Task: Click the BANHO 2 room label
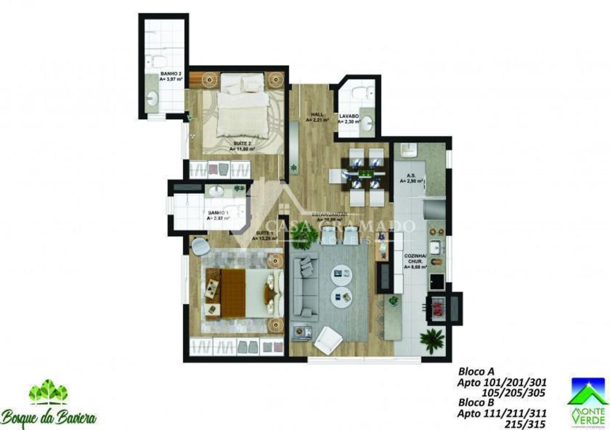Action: [x=171, y=76]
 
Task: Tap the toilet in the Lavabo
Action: [x=368, y=93]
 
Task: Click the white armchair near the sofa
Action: [x=328, y=338]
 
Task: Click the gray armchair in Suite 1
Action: [x=200, y=246]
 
